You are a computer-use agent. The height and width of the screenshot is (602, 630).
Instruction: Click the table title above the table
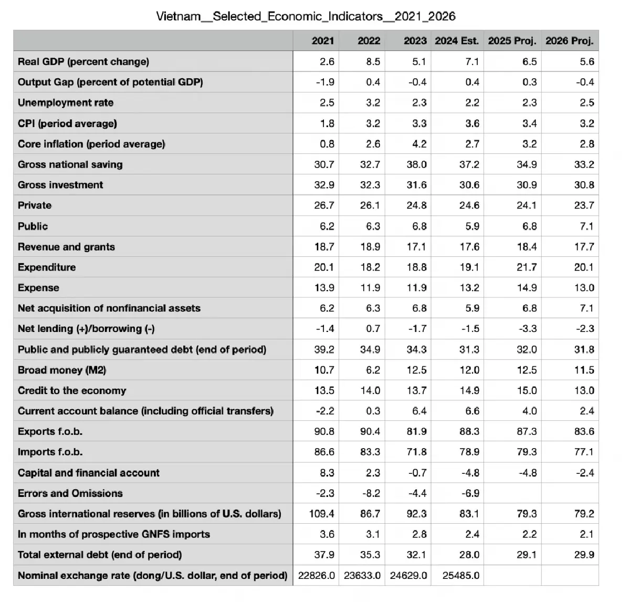(306, 16)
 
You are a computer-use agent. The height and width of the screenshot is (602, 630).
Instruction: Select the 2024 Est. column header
(457, 41)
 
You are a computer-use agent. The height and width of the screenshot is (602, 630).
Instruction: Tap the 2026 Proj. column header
(570, 41)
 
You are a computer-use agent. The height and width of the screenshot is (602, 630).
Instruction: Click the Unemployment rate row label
(66, 103)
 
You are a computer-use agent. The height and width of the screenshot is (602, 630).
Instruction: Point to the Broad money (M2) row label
(62, 370)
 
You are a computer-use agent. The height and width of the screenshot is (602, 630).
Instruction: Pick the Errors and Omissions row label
(70, 493)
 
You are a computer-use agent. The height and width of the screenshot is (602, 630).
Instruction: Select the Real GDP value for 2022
(373, 62)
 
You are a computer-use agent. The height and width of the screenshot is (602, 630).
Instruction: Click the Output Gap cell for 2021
(325, 82)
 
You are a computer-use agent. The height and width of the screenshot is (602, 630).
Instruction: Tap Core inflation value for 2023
(419, 144)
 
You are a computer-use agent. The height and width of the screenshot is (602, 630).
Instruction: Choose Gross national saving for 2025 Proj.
(527, 164)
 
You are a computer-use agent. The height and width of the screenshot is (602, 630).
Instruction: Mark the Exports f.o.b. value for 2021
(324, 432)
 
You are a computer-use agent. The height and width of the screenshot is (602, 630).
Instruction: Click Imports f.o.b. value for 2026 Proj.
(584, 452)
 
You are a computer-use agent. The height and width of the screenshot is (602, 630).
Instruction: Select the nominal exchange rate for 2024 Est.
(461, 575)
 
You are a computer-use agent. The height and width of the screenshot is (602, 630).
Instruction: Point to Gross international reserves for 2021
(322, 514)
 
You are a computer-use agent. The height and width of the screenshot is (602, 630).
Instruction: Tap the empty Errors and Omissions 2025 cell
(512, 493)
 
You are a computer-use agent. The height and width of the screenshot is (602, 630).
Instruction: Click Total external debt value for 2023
(416, 555)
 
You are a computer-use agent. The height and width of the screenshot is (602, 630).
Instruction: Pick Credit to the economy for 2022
(370, 391)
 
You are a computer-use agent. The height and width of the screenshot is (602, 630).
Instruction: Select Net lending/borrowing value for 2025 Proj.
(528, 329)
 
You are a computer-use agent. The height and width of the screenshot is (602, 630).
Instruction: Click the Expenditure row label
(47, 267)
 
